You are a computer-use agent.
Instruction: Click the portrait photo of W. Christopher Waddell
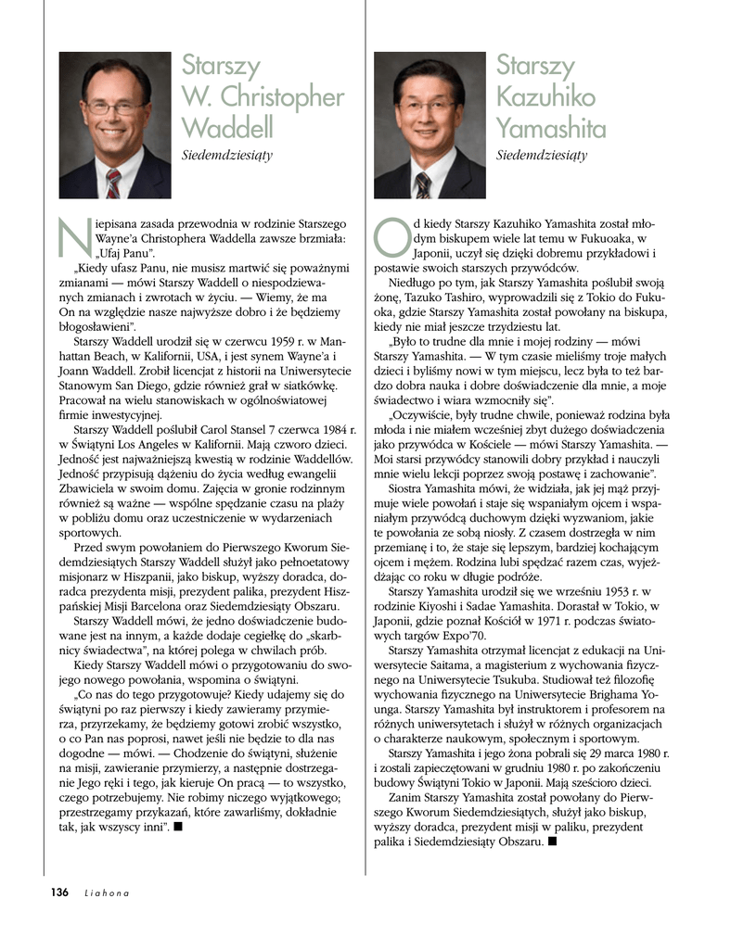(114, 124)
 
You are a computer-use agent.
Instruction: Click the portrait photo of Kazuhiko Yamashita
(430, 124)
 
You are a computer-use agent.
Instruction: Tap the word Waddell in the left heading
(227, 125)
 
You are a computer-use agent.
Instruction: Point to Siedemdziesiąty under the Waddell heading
(226, 155)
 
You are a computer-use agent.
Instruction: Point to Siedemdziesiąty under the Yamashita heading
(542, 155)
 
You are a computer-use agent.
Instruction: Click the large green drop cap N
(70, 235)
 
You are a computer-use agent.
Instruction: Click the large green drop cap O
(388, 235)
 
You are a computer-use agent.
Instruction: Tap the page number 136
(59, 892)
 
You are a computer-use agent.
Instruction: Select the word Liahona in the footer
(105, 893)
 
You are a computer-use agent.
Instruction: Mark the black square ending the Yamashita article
(551, 841)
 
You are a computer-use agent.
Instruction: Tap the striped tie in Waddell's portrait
(112, 183)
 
